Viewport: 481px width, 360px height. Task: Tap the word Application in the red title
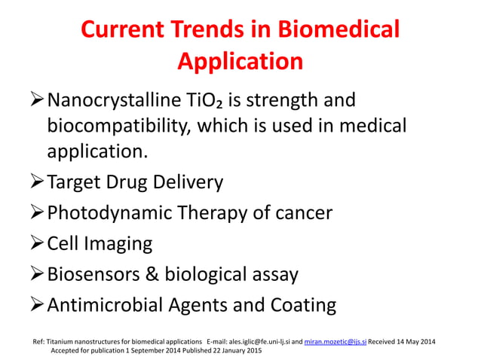[x=240, y=60]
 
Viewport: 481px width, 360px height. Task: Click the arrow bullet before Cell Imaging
[x=37, y=244]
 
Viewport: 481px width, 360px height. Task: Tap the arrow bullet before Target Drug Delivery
[x=37, y=182]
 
